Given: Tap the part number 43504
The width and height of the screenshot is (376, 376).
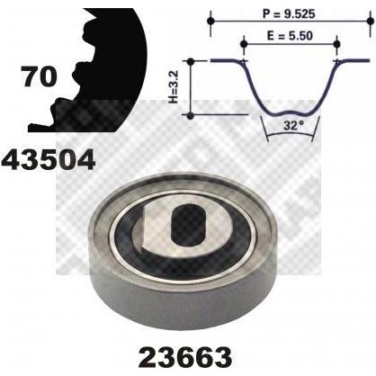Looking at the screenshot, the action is [49, 160].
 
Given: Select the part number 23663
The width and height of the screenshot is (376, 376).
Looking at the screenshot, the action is [186, 356].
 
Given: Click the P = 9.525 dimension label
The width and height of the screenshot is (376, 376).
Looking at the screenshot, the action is [289, 13].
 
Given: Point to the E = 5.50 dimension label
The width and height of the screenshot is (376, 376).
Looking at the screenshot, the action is [290, 36].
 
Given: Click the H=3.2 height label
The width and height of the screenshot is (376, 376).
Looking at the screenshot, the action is [174, 87].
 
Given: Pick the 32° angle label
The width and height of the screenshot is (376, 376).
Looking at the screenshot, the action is [290, 125].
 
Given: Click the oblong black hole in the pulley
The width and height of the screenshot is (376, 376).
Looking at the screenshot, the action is [189, 222].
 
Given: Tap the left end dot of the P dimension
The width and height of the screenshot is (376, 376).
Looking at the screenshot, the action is [211, 21].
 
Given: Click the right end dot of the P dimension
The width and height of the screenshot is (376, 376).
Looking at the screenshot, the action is [371, 21].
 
